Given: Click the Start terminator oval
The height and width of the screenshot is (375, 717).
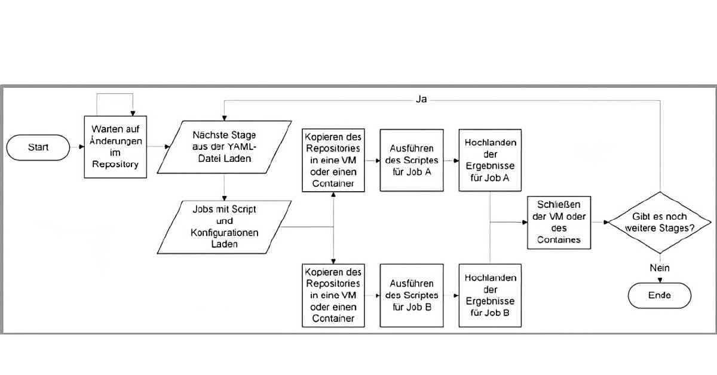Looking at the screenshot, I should coord(38,147).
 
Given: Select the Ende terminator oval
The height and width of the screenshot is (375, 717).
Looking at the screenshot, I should coord(659,296).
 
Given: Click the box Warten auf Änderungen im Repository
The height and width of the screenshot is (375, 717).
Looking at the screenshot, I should coord(115,147).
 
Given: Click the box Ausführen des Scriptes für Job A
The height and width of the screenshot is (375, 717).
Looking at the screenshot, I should coord(412,161).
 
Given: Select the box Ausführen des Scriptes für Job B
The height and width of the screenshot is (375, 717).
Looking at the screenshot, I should coord(412,296).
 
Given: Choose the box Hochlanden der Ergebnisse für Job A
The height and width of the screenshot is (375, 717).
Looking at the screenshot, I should coord(489,161).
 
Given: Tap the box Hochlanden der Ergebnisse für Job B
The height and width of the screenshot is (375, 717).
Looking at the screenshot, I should coord(489,296).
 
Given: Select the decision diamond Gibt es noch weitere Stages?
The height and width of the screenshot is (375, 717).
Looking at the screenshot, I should coord(659,222).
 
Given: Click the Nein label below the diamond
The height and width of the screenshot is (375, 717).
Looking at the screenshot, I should coord(659,268).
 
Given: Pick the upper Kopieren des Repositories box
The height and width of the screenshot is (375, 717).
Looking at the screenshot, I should coord(333,161).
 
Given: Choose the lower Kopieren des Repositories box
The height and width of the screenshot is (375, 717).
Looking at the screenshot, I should coord(333,296).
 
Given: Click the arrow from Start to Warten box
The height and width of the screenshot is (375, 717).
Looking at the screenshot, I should coord(76,147).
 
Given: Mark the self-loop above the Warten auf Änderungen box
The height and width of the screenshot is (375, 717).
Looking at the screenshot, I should coord(115,96).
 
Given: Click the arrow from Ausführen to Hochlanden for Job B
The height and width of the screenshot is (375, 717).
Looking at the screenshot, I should coord(451,296).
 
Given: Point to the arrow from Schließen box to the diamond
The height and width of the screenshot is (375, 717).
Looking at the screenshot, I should coord(599,222).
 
